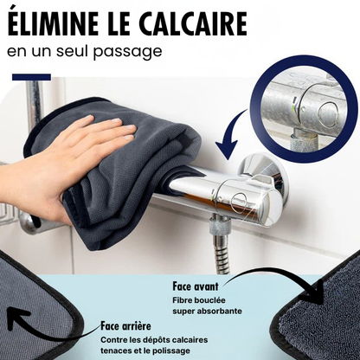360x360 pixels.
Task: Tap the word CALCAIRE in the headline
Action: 193,21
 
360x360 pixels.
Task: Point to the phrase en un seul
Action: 47,50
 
